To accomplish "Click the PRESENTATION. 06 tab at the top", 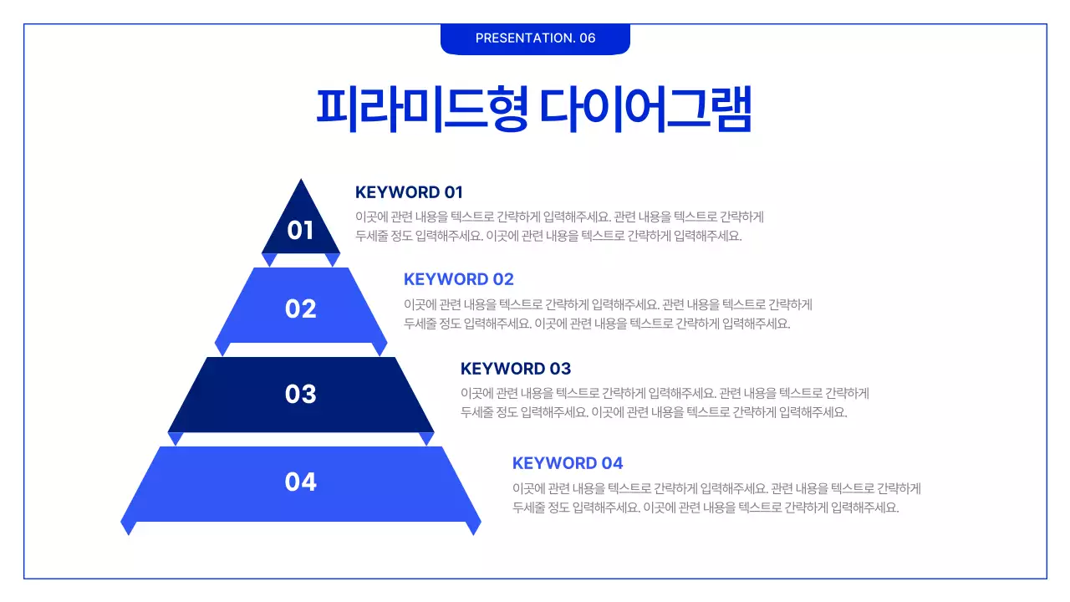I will [535, 38].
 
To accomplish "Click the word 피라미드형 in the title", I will [421, 108].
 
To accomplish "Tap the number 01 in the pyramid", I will [300, 230].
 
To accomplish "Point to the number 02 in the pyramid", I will [300, 309].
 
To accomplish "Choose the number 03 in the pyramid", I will [300, 394].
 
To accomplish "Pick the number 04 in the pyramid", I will [300, 482].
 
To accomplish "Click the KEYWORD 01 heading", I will [409, 192].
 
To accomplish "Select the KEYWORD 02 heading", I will [458, 279].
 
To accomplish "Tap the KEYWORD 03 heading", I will [516, 369].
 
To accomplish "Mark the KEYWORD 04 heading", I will [568, 463].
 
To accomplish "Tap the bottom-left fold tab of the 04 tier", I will [128, 526].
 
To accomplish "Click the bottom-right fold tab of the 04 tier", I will [474, 526].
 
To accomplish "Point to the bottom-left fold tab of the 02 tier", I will [222, 347].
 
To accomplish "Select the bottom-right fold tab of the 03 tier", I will [426, 437].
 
